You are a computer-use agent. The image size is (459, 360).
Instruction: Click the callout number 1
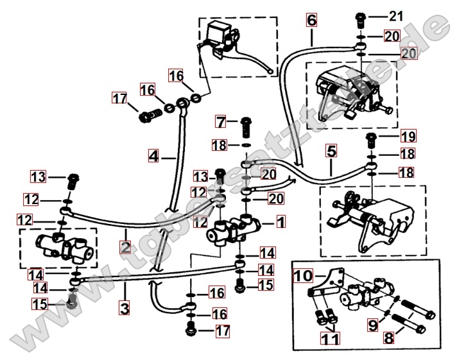(x=281, y=223)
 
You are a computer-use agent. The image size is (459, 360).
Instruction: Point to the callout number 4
(x=153, y=155)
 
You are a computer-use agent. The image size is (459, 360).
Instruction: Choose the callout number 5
(x=331, y=153)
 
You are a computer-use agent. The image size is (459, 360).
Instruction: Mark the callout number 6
(x=311, y=20)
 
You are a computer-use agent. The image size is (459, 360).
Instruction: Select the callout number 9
(x=372, y=325)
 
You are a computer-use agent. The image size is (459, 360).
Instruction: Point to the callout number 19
(x=408, y=136)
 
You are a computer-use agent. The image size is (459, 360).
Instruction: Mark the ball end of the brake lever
(x=273, y=71)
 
